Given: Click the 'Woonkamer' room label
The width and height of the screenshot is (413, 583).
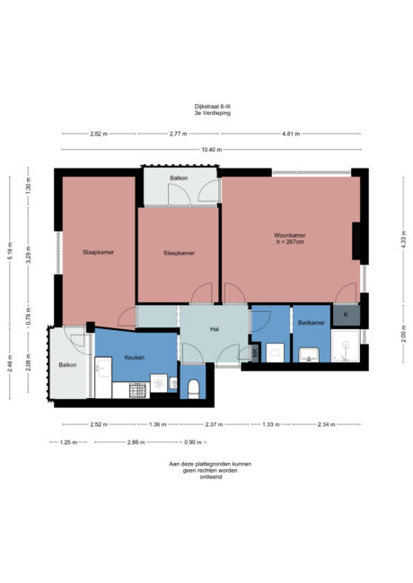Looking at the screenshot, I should click(289, 236).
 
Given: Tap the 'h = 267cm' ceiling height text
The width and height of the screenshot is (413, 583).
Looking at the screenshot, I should click(289, 242).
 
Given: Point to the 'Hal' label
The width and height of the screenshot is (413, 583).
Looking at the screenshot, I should click(215, 329).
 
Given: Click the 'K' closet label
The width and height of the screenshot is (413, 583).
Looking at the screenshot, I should click(346, 315).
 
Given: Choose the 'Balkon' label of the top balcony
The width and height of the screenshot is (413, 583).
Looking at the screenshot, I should click(178, 178).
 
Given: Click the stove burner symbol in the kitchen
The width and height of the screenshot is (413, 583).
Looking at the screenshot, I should click(138, 390).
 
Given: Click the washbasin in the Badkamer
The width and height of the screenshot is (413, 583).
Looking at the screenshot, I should click(310, 354).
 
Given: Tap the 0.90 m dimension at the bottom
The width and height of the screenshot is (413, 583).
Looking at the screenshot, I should click(191, 442).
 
